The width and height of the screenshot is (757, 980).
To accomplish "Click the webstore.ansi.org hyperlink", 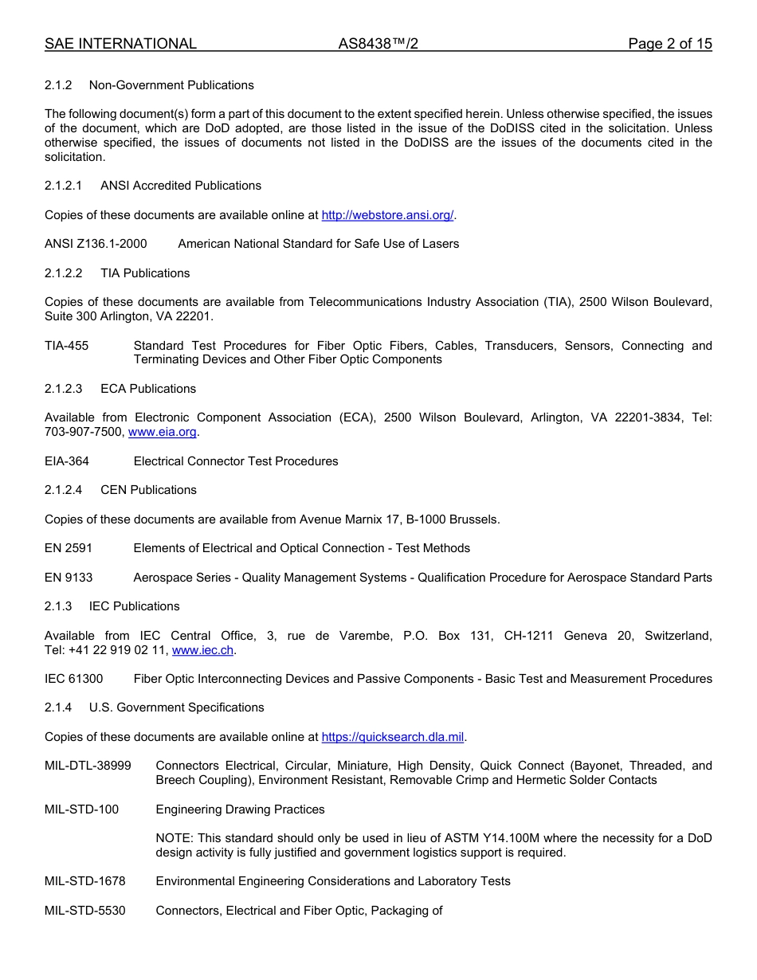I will [387, 215].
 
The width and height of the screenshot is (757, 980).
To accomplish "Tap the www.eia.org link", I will [163, 432].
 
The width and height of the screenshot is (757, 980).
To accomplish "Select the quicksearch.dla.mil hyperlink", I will [392, 737].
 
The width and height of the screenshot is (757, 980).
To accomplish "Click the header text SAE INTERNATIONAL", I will [120, 44].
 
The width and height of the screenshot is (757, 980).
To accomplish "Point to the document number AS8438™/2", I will [378, 44].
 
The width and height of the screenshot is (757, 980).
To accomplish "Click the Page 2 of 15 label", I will [669, 44].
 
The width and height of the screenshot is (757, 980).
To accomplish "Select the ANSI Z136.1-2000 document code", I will [96, 244].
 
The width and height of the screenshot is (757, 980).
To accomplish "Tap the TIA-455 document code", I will [67, 346].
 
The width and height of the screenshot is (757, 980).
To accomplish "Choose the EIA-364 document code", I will [67, 461].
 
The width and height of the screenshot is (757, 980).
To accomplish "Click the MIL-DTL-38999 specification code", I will [88, 766].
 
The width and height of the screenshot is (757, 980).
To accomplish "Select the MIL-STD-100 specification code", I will [81, 809].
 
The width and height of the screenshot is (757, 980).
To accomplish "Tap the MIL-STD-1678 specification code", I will [84, 881].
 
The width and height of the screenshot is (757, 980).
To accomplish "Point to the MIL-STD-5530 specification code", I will [84, 911].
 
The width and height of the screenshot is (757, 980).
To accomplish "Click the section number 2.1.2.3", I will [64, 389].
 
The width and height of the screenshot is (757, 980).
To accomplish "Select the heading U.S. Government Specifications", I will [176, 708].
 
